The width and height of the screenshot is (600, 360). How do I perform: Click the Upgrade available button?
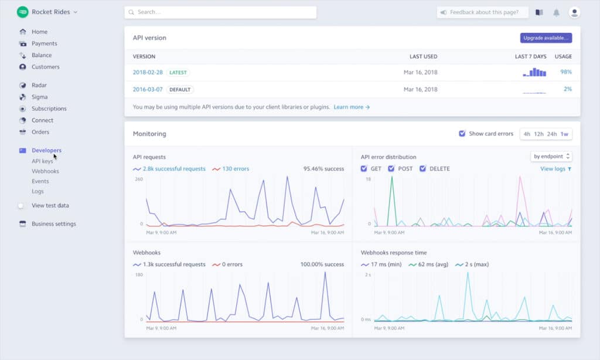(546, 38)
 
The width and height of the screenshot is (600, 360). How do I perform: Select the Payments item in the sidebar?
(44, 43)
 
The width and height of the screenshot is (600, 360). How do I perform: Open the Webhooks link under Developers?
(45, 171)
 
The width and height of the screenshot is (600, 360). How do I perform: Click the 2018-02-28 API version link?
(148, 72)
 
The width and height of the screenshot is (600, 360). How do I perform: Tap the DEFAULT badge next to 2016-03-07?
(180, 90)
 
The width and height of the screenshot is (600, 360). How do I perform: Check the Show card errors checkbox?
(462, 134)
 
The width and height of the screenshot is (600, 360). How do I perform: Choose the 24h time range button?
(551, 134)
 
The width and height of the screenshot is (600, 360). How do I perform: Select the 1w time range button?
(564, 134)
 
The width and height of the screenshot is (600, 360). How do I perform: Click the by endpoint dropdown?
(551, 157)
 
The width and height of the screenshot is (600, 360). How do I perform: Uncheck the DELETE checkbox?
(423, 169)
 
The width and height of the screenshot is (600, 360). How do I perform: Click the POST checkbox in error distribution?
(391, 169)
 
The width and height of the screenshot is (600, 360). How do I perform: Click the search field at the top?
(220, 12)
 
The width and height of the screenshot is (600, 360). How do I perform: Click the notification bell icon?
(556, 12)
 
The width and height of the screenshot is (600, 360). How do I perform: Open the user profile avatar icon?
(574, 12)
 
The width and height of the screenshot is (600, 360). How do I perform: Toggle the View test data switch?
(21, 206)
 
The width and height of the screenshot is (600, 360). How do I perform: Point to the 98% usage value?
(565, 72)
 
